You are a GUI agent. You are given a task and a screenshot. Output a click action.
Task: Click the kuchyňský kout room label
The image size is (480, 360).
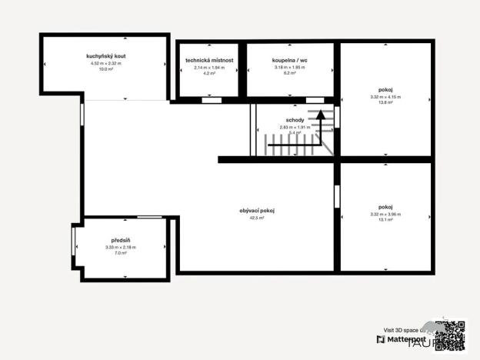pyautogui.click(x=106, y=57)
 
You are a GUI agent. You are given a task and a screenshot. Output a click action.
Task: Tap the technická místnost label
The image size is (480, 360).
pyautogui.click(x=209, y=60)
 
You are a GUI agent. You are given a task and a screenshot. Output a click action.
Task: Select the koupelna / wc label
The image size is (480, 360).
pyautogui.click(x=290, y=60)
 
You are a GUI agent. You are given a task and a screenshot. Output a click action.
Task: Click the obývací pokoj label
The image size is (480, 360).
pyautogui.click(x=258, y=211)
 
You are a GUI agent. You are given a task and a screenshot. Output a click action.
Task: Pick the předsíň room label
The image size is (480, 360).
pyautogui.click(x=120, y=240)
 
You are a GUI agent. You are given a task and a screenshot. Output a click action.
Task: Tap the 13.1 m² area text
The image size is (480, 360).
pyautogui.click(x=385, y=219)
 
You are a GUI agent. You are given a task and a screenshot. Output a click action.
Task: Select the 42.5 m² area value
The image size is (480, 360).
pyautogui.click(x=258, y=218)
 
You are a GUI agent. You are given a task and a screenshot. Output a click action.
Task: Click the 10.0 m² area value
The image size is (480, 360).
pyautogui.click(x=106, y=69)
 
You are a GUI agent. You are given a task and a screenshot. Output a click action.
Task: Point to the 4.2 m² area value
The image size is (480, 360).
pyautogui.click(x=209, y=73)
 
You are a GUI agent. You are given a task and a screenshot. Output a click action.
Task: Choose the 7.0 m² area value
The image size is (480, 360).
pyautogui.click(x=120, y=252)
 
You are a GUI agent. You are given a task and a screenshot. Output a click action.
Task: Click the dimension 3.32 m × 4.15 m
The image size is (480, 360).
pyautogui.click(x=385, y=97)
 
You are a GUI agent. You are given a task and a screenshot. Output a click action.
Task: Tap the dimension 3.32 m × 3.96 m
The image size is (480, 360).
pyautogui.click(x=385, y=214)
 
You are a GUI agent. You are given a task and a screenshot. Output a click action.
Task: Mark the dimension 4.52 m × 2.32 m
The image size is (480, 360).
pyautogui.click(x=106, y=64)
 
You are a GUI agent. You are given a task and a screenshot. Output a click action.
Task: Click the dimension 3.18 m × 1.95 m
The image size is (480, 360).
pyautogui.click(x=290, y=68)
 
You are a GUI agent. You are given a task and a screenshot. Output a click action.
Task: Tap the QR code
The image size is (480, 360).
pyautogui.click(x=451, y=334)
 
